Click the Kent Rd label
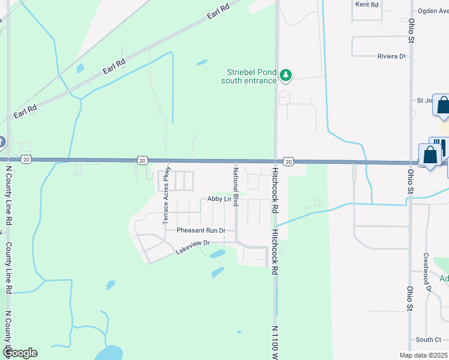pos(367,4)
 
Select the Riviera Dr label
pos(392,56)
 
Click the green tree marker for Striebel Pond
pos(286,75)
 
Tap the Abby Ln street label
pos(219,199)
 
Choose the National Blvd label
pos(237,187)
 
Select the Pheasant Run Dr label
pos(200,230)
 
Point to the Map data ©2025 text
pos(423,355)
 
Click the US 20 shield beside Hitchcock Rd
pos(289,161)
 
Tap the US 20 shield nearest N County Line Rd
pos(25,159)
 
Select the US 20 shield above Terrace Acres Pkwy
pos(142,160)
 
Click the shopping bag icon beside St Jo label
pos(443,106)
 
